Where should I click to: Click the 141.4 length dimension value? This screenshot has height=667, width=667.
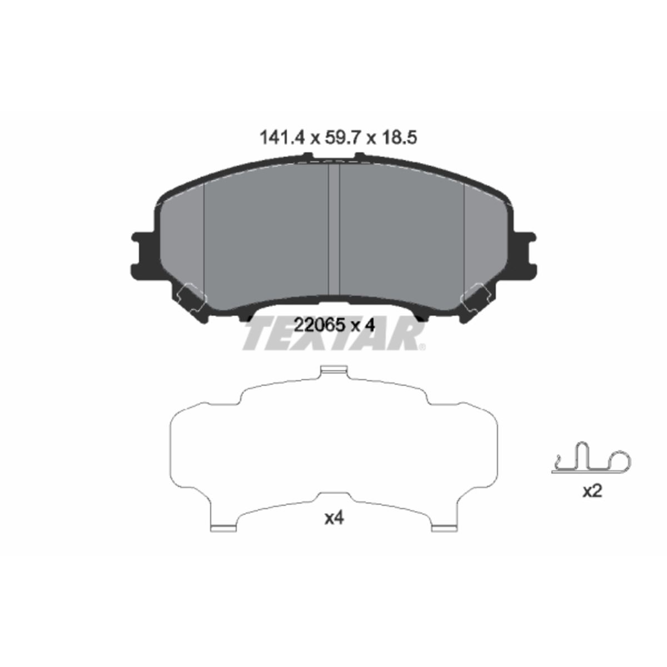coord(282,138)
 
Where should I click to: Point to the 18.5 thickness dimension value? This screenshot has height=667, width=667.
coord(399,138)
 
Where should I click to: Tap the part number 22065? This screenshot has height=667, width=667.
coord(320,325)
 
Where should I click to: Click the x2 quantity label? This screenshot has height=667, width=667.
coord(592,491)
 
